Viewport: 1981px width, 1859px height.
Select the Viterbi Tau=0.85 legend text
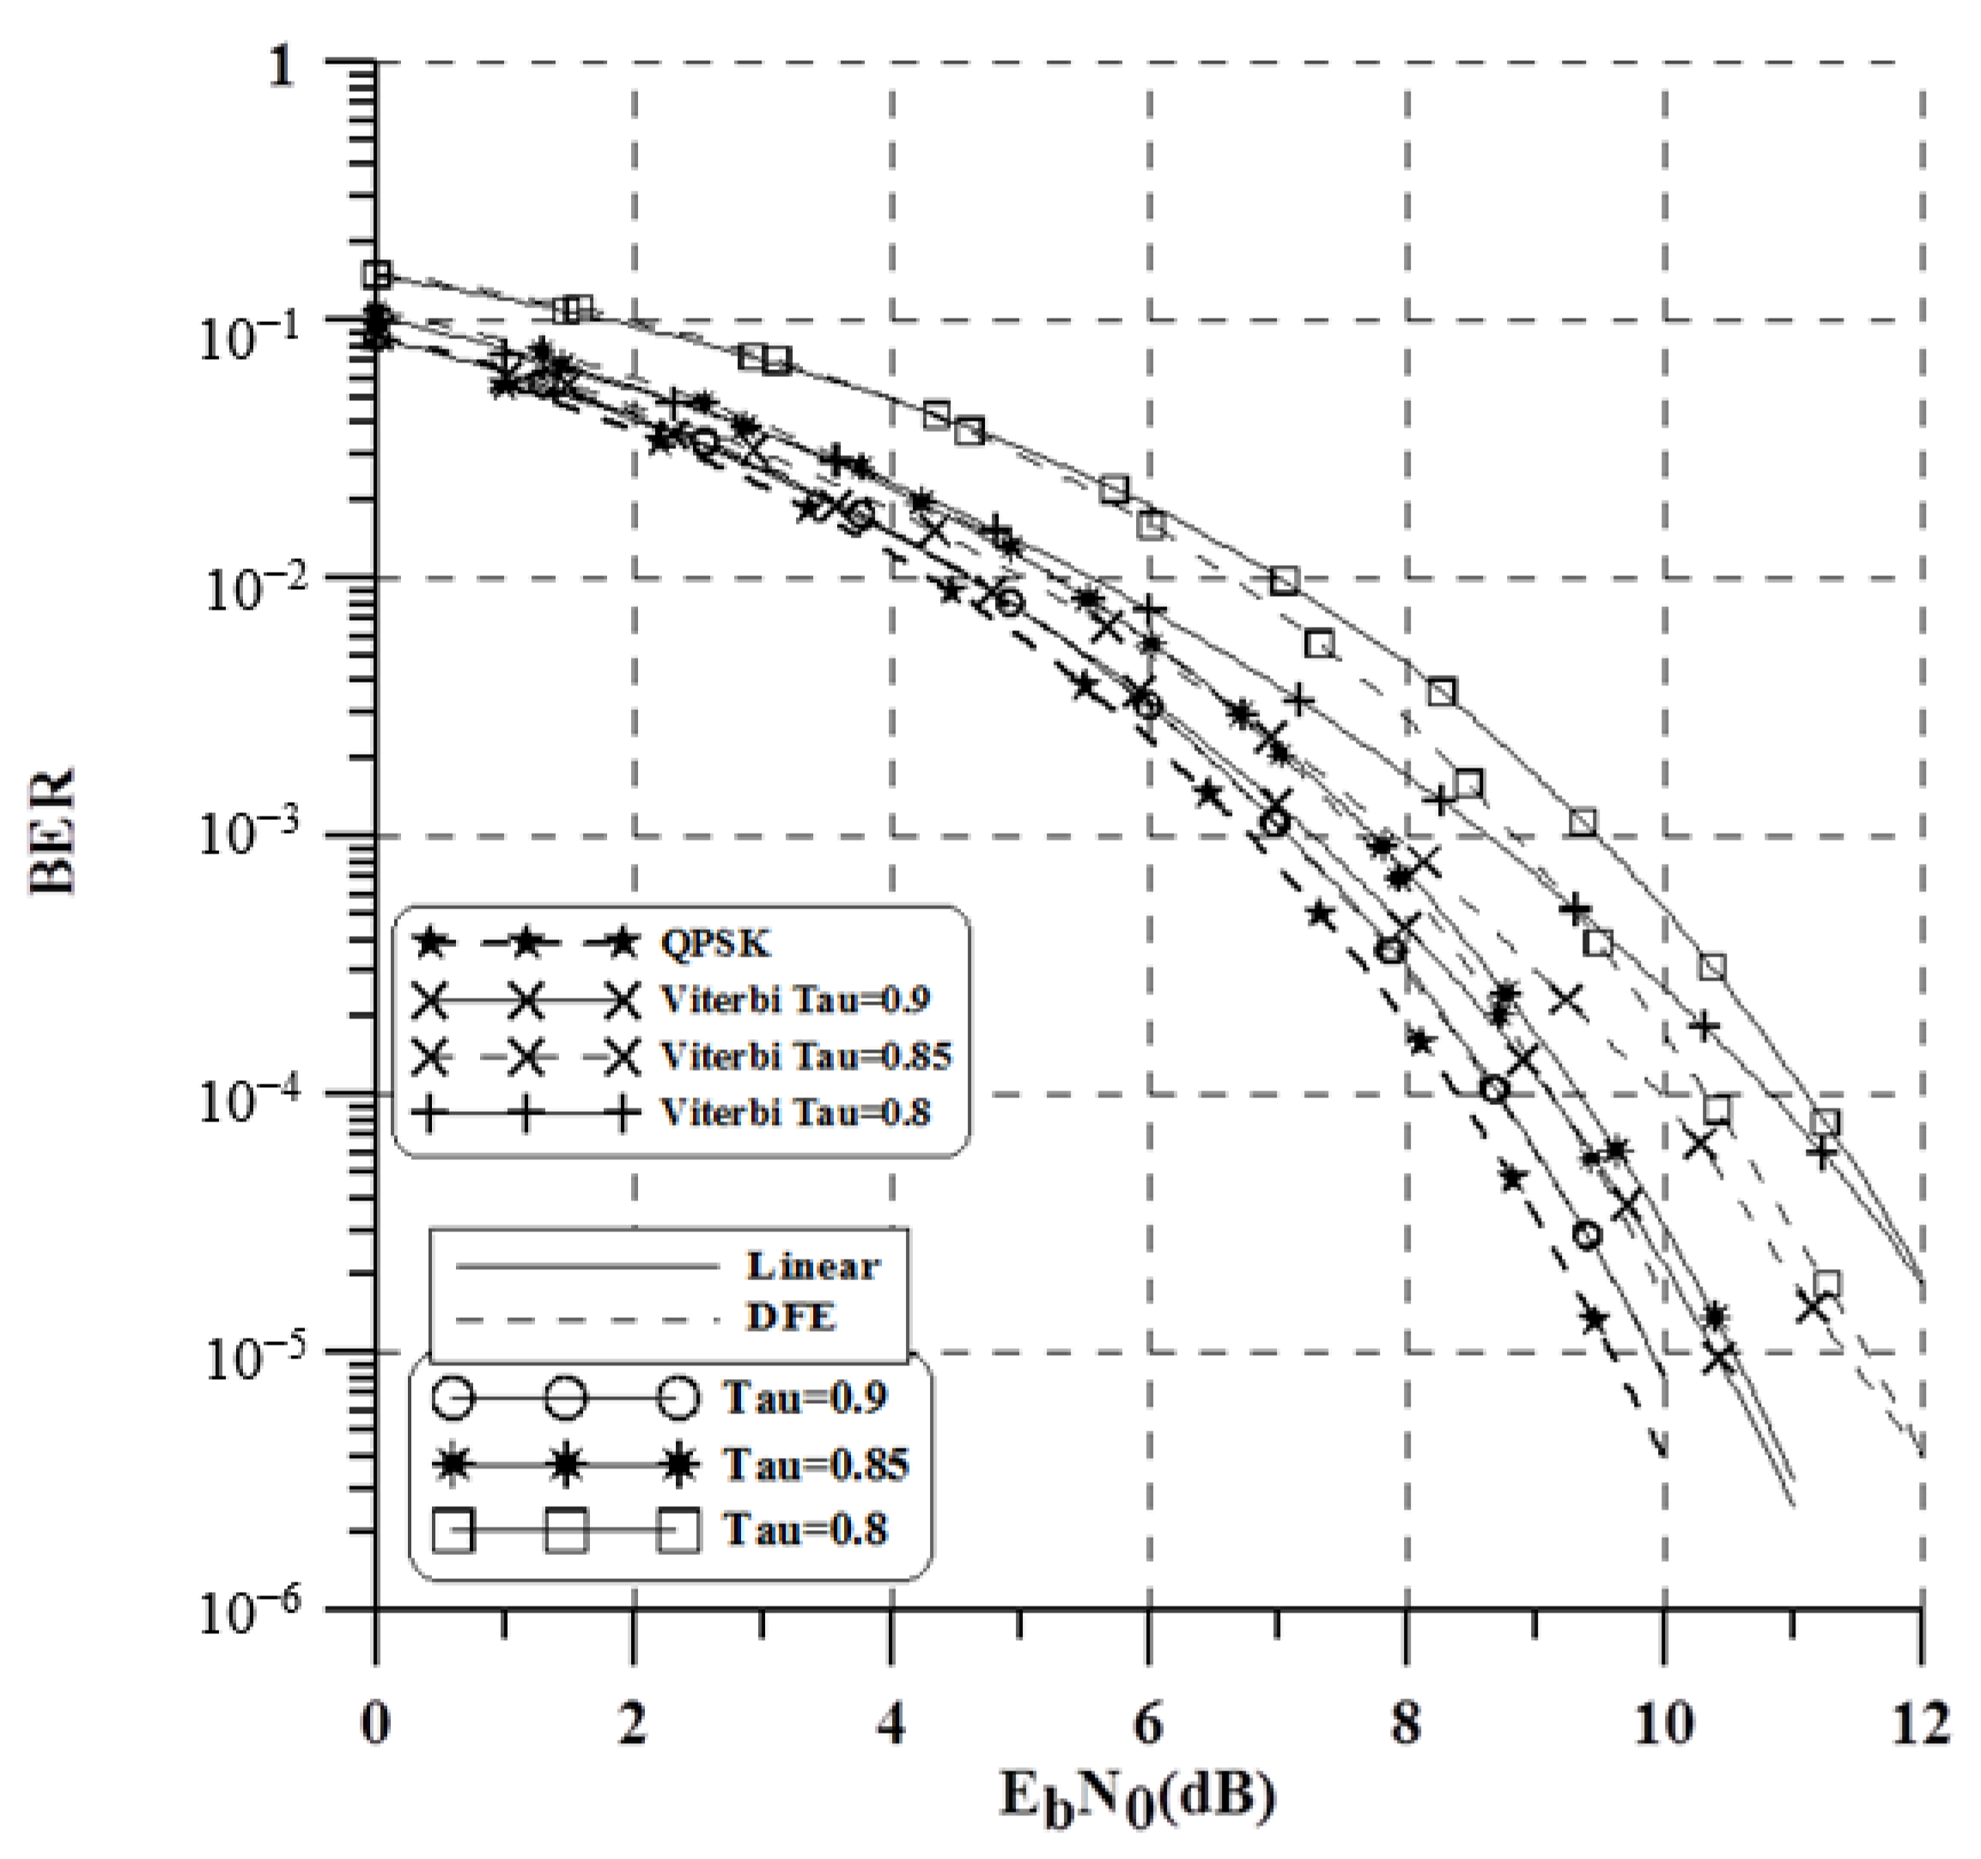806,1055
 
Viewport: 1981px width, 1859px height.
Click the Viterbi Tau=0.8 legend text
795,1112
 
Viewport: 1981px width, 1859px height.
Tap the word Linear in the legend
813,1265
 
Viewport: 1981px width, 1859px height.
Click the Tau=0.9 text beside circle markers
804,1397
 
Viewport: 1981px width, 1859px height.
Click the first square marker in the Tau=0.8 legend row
453,1530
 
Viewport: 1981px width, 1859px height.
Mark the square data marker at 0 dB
377,274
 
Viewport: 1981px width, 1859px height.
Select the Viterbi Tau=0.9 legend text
795,999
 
